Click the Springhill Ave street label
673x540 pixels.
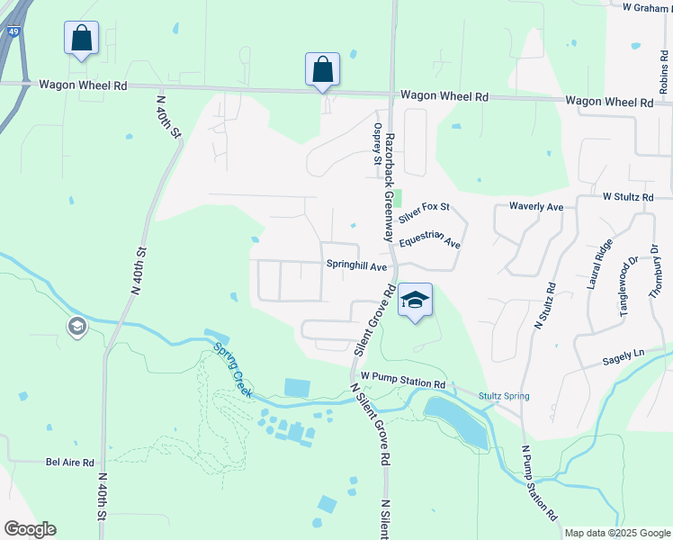[356, 267]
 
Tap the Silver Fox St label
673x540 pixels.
[424, 213]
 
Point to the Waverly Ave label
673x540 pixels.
[536, 207]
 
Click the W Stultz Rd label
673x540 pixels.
[628, 196]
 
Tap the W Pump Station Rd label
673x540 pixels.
[403, 383]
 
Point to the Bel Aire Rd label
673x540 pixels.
[70, 463]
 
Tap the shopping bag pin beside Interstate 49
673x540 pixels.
[81, 40]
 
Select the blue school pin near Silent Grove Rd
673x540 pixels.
[416, 301]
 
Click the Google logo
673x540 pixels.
[30, 529]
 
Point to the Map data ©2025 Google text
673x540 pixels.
[616, 533]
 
